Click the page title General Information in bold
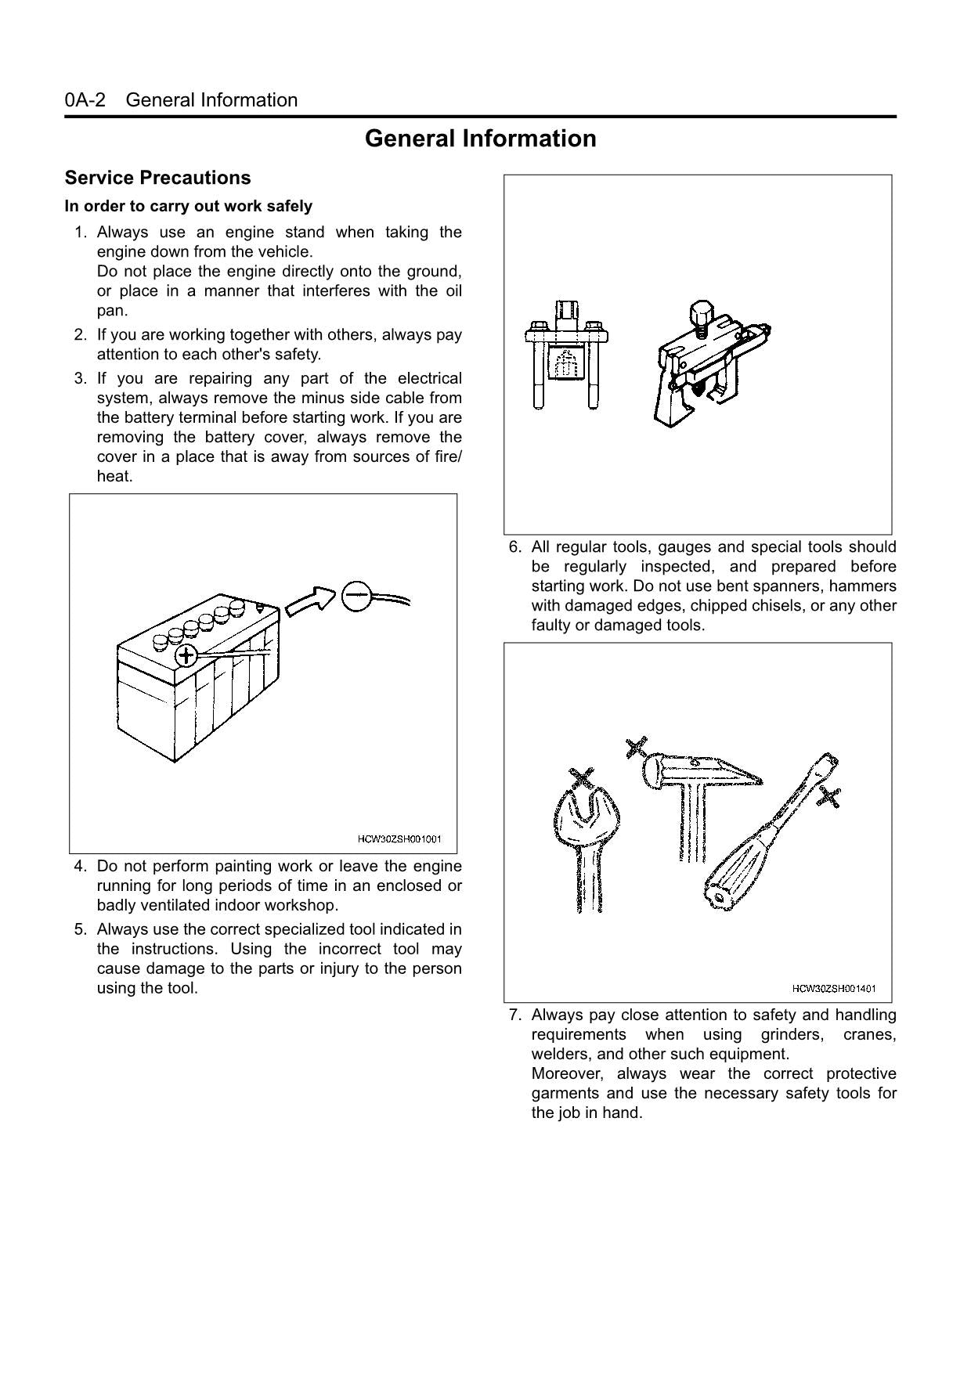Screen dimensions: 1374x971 pos(480,139)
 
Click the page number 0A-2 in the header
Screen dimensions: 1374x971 pos(85,100)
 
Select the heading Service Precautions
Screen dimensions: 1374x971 pos(157,178)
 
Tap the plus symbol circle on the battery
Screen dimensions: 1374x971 pos(186,655)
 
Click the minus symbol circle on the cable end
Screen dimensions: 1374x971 pos(356,596)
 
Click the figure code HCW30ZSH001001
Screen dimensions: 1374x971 pos(399,839)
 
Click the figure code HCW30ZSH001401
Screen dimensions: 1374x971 pos(833,989)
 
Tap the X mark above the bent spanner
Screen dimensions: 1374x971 pos(582,777)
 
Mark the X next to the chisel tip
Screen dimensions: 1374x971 pos(829,798)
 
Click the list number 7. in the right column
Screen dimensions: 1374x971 pos(514,1015)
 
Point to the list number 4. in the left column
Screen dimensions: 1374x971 pos(80,867)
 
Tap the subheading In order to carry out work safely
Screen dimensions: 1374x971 pos(188,207)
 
